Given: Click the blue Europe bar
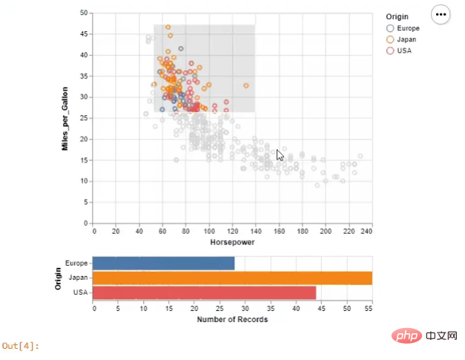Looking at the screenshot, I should point(164,263).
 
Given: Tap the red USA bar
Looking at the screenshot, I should point(205,292).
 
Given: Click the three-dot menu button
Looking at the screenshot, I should point(441,14).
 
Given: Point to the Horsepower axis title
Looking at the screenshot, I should point(233,243).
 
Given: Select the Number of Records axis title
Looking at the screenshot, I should point(232,320).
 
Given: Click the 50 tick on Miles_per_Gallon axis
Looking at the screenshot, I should point(85,13).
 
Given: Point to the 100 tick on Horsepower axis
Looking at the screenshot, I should point(210,231).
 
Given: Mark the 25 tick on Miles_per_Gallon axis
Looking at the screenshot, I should point(85,118).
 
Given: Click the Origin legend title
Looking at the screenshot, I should point(398,16).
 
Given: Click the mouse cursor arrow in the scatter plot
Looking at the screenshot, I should point(279,154).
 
